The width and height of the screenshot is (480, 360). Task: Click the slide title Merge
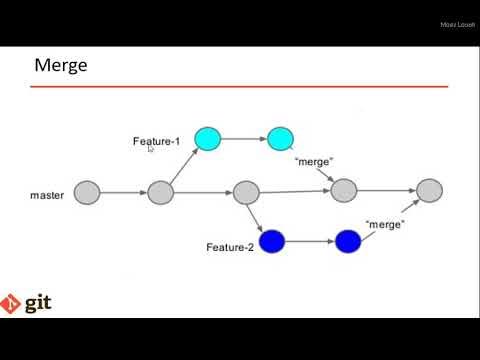[61, 66]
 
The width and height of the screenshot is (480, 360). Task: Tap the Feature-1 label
[156, 141]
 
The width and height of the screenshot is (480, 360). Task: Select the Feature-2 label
[230, 247]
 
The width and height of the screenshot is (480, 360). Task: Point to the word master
[47, 195]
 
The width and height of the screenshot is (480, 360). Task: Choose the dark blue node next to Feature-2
[272, 241]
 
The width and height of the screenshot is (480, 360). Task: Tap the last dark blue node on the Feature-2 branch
[347, 241]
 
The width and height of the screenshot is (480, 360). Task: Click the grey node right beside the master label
[87, 192]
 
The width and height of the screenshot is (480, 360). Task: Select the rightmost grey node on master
[429, 190]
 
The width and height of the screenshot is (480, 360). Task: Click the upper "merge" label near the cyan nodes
[313, 161]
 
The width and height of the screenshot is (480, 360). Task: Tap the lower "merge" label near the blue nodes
[384, 224]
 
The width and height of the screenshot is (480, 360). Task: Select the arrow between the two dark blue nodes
[310, 241]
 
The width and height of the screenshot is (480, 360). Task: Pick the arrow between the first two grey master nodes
[124, 192]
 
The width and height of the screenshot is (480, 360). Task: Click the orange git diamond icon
[12, 303]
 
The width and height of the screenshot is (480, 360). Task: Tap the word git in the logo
[38, 302]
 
